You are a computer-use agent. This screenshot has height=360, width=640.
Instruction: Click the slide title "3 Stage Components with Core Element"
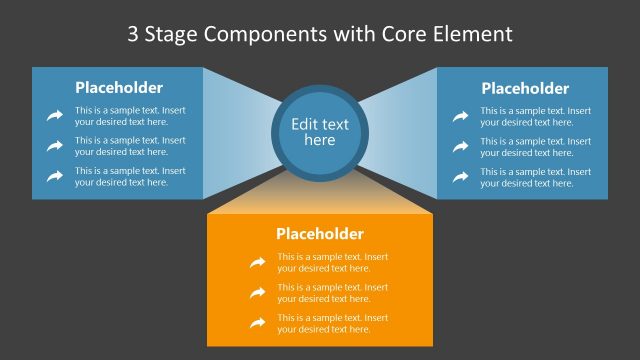320,34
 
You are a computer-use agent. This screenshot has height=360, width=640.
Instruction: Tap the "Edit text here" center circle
320,132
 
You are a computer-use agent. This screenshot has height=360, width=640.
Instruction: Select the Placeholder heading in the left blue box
119,87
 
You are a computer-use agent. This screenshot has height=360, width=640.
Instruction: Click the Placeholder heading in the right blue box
525,88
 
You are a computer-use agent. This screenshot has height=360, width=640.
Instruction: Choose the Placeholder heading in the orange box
320,234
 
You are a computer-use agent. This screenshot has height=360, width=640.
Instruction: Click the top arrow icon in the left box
54,116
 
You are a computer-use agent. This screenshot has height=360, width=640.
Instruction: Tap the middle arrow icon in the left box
54,146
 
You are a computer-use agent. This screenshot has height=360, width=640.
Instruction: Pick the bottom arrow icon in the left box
54,176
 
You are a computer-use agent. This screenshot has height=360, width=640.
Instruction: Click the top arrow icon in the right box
460,116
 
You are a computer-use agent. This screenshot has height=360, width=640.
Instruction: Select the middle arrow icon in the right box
460,146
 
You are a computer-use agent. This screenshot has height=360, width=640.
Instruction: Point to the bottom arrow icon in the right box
460,177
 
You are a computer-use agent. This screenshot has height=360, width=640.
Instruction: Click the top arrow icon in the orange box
257,262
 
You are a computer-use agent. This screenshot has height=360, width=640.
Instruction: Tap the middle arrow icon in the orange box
257,292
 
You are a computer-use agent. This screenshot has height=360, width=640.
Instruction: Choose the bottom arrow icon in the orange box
257,323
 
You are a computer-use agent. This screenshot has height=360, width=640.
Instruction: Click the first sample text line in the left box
130,116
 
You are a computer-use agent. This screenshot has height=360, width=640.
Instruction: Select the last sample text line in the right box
535,177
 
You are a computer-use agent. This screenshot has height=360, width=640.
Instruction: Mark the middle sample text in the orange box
333,292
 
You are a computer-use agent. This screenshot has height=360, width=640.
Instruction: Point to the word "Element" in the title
470,34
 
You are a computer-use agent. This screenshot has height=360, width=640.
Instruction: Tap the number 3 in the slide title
134,34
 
